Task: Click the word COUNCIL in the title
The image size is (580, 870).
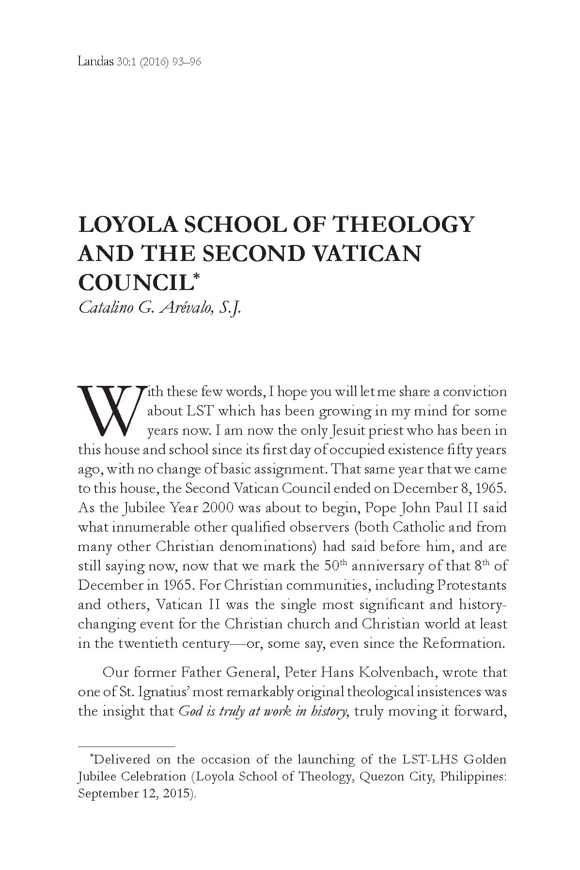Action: pos(133,283)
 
